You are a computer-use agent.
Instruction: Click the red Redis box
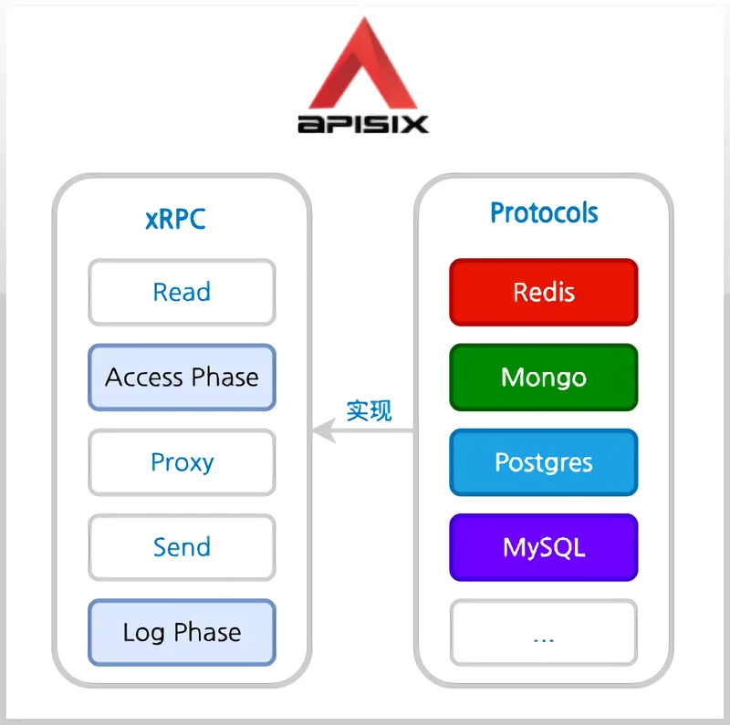543,292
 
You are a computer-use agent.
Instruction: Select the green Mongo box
543,377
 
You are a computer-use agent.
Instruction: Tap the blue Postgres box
543,461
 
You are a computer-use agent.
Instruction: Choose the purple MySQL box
543,547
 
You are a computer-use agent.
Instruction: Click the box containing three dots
543,632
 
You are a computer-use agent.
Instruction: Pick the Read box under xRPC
182,292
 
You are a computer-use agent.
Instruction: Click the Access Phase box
182,377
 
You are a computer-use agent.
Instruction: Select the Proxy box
182,461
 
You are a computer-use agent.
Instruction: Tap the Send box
182,547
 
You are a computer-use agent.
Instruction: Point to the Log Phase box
182,632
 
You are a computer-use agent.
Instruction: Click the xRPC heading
175,220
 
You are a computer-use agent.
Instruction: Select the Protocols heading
544,213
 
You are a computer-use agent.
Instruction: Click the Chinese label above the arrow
369,410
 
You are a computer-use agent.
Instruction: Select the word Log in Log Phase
143,633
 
